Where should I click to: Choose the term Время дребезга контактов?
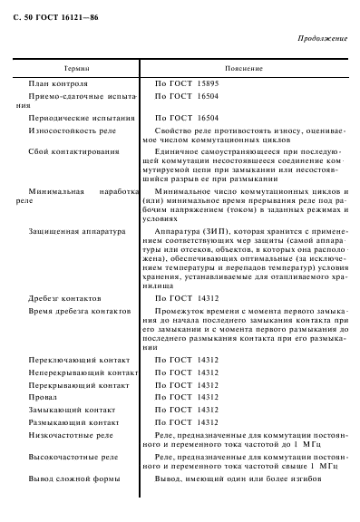[82, 311]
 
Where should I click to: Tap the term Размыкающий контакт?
[74, 422]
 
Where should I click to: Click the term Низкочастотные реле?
[71, 435]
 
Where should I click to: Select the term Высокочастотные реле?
[73, 459]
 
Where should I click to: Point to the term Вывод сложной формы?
[72, 479]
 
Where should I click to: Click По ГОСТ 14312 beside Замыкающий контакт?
[187, 410]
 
